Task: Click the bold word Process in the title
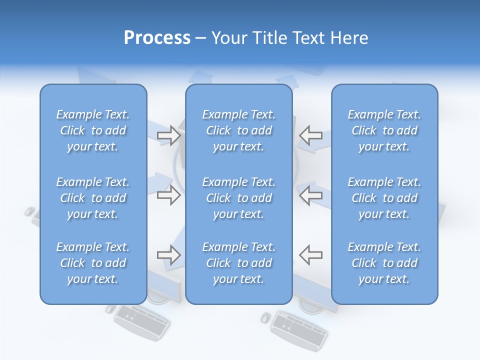157,38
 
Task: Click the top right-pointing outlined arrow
168,135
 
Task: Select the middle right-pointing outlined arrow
168,195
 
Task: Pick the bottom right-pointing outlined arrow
168,255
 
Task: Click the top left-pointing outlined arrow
310,135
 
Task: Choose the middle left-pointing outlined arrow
310,195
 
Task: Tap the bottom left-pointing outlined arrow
310,254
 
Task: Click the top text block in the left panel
93,130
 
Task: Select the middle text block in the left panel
93,198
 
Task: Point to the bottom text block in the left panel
93,263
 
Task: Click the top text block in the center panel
239,130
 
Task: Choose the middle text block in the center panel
239,198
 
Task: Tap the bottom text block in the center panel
239,263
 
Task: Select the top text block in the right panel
384,130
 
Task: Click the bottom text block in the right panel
384,263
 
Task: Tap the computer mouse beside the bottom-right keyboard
266,316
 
